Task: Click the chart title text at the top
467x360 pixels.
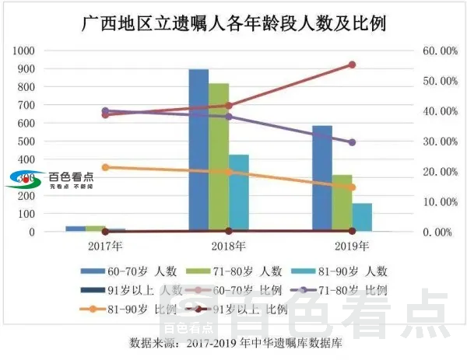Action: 234,23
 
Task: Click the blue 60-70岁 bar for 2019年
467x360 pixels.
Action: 322,178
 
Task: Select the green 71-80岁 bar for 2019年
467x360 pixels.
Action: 342,203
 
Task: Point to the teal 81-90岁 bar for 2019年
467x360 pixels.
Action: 362,217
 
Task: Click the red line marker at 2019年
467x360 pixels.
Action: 352,65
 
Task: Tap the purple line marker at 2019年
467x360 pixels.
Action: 352,142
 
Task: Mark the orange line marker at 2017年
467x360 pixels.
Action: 105,167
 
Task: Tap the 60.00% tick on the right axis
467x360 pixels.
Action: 437,51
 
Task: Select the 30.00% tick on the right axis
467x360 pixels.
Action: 437,142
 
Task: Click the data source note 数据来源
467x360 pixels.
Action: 233,342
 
